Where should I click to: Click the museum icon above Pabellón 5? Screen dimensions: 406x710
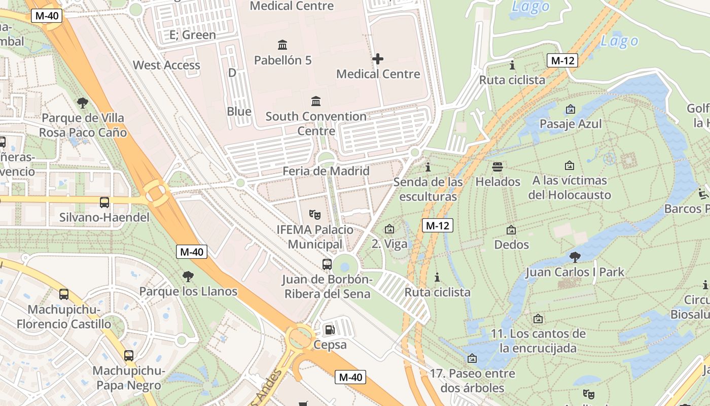click(x=282, y=45)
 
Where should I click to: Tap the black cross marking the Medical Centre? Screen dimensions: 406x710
click(x=378, y=59)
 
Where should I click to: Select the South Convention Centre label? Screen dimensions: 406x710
click(x=316, y=123)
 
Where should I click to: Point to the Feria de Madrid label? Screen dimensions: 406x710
click(x=326, y=171)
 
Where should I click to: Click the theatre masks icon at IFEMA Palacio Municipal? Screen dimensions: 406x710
click(x=315, y=215)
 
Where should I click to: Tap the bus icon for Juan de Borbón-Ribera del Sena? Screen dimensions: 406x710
click(x=327, y=264)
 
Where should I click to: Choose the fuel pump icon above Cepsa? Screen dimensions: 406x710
click(x=330, y=330)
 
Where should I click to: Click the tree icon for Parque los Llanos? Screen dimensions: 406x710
click(x=188, y=277)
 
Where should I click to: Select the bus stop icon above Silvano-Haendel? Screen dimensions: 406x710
click(x=104, y=202)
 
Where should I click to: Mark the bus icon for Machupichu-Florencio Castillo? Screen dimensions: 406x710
click(x=64, y=294)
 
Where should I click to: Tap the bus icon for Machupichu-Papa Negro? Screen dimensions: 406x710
click(x=129, y=356)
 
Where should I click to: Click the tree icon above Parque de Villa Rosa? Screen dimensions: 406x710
click(x=83, y=104)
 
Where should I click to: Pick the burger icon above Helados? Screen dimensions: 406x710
click(x=498, y=166)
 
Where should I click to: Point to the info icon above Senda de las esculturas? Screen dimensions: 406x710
click(x=428, y=167)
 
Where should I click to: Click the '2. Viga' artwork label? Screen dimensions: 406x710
click(x=389, y=244)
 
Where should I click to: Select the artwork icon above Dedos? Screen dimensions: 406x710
click(x=511, y=230)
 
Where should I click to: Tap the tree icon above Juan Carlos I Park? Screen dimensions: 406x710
click(x=575, y=257)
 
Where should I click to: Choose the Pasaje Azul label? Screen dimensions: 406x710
click(x=571, y=124)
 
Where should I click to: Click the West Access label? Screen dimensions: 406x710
click(x=166, y=65)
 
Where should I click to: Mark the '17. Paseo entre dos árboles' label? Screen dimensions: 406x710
click(x=467, y=381)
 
